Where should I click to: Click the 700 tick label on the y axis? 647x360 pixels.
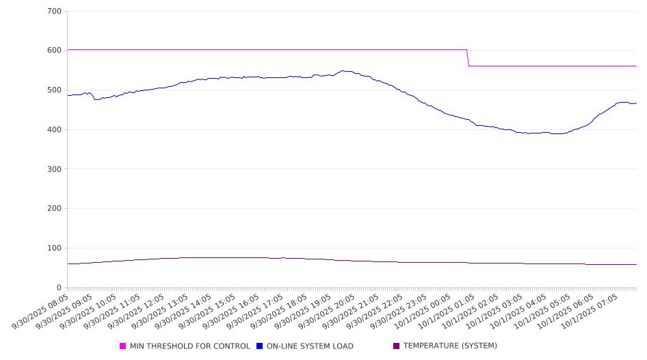tap(55, 12)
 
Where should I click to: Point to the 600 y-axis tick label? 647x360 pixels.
tap(55, 51)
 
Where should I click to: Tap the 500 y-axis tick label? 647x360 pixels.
tap(55, 90)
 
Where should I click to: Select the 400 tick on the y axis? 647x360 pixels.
tap(55, 130)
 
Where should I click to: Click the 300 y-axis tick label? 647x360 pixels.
tap(55, 169)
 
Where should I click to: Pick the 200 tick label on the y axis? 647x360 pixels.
tap(55, 209)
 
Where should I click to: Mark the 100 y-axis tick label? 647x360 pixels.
tap(55, 248)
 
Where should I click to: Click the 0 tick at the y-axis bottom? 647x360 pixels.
tap(59, 288)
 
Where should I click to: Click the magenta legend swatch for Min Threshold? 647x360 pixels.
tap(123, 346)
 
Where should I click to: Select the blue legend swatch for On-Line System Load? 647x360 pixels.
tap(260, 346)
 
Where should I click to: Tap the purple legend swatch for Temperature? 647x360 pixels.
tap(397, 346)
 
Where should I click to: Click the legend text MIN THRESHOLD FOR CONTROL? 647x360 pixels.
tap(189, 346)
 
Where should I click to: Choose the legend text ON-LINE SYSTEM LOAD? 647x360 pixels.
tap(310, 346)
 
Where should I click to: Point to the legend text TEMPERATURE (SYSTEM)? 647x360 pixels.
tap(450, 346)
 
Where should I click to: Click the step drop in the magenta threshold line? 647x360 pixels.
tap(468, 58)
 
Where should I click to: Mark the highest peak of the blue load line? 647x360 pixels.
tap(343, 70)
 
